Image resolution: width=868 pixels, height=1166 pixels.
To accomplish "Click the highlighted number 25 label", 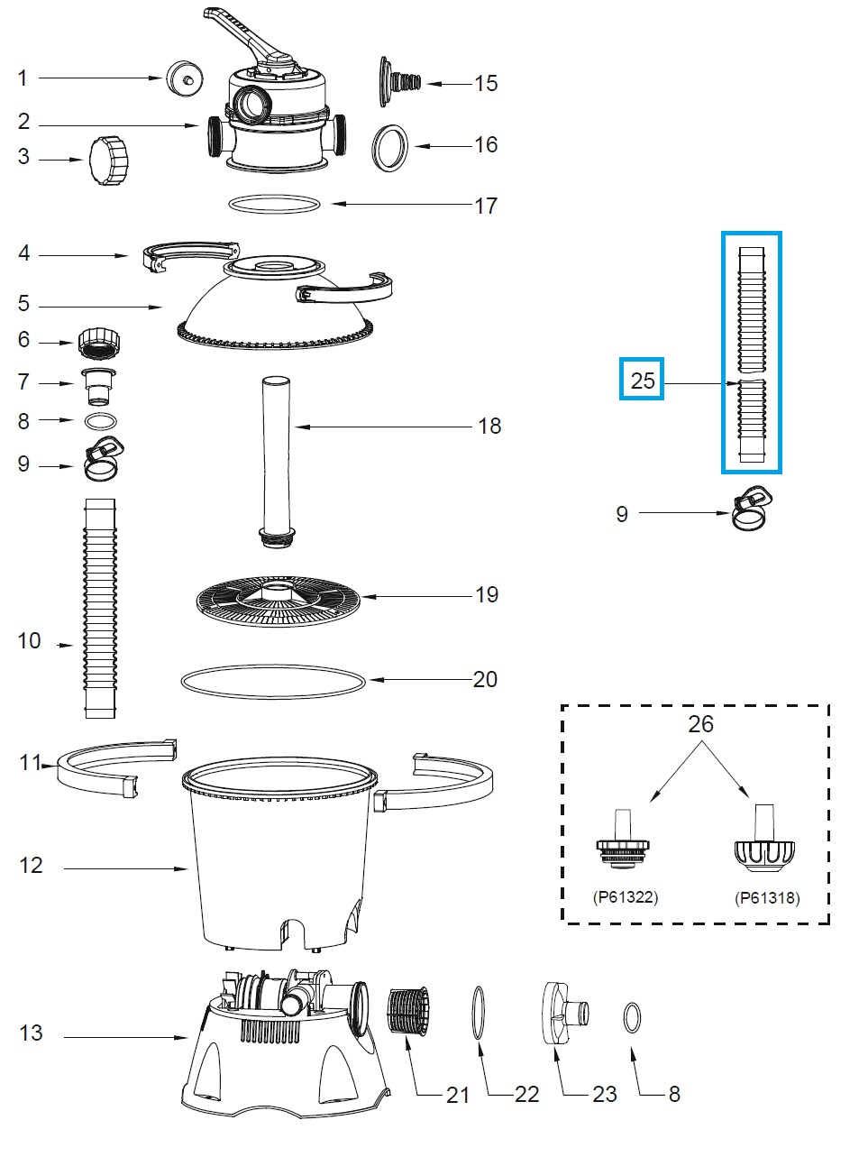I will click(x=642, y=380).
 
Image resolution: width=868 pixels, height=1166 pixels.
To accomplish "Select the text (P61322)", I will click(x=626, y=897).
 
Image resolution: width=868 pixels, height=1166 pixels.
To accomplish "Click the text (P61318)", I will click(x=767, y=897).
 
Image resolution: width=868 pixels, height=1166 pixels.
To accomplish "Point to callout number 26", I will click(x=700, y=724).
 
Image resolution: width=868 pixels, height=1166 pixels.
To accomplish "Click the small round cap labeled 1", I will click(x=184, y=78).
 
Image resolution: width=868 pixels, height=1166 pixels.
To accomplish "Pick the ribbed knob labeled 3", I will click(x=109, y=161).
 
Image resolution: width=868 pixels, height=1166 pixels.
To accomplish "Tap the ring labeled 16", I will click(x=390, y=147).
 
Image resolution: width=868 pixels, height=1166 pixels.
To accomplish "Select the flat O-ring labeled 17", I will click(x=275, y=205).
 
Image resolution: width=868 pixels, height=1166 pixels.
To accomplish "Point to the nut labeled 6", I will click(x=99, y=344).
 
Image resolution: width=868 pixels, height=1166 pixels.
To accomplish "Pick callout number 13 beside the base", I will click(x=31, y=1033).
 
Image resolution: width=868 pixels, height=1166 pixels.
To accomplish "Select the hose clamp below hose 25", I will click(x=754, y=510).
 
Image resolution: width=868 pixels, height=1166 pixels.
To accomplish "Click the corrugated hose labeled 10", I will click(x=100, y=609).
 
